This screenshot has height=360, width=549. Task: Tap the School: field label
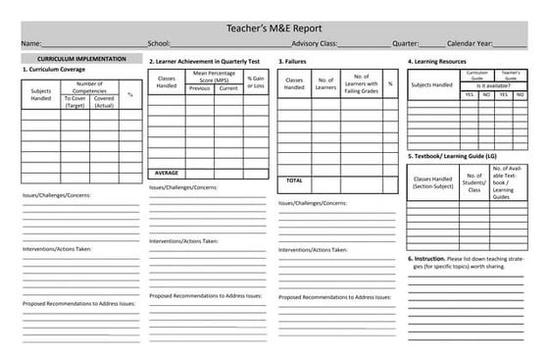tap(159, 44)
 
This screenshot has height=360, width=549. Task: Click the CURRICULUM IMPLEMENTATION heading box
tap(75, 59)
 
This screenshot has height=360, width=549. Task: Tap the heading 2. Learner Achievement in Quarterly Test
tap(205, 61)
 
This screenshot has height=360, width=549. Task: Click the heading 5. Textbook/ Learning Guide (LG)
tap(459, 156)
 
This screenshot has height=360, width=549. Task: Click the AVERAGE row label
tap(167, 172)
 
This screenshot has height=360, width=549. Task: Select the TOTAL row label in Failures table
tap(294, 180)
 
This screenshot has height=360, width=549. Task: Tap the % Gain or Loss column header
tap(256, 81)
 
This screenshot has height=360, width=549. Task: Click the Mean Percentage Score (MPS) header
tap(214, 76)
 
